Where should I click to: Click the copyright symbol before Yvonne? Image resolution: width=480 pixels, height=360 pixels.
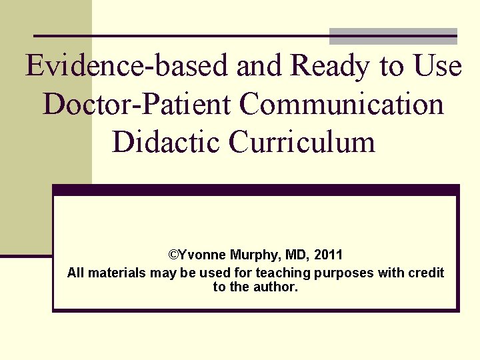pyautogui.click(x=173, y=255)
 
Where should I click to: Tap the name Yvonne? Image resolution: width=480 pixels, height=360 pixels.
pyautogui.click(x=203, y=255)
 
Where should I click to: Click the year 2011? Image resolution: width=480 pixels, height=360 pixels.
pyautogui.click(x=328, y=255)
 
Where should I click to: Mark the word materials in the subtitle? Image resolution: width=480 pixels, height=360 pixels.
pyautogui.click(x=115, y=273)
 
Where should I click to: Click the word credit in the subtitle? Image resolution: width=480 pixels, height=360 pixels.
pyautogui.click(x=426, y=273)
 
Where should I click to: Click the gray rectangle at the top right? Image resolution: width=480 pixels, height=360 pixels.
pyautogui.click(x=393, y=37)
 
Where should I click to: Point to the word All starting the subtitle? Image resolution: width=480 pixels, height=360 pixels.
pyautogui.click(x=75, y=273)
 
